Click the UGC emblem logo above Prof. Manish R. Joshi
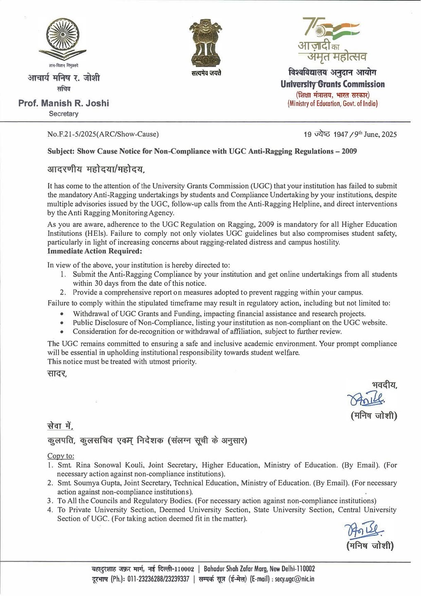click(x=63, y=39)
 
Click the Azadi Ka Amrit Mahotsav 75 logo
click(x=332, y=39)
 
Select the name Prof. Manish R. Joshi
click(x=63, y=103)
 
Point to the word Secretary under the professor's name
click(x=63, y=114)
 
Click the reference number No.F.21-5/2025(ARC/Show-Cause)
click(x=103, y=134)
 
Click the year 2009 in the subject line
click(x=349, y=151)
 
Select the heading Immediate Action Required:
click(x=94, y=251)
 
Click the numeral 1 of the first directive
click(x=63, y=274)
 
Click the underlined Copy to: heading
click(x=61, y=456)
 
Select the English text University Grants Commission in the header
click(x=332, y=85)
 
